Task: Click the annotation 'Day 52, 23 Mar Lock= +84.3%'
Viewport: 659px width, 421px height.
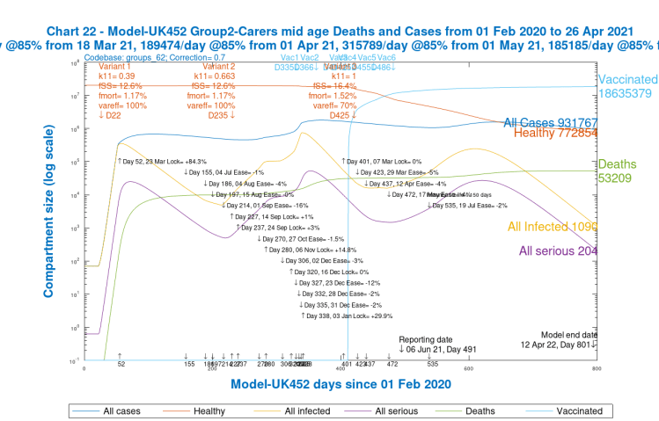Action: click(161, 162)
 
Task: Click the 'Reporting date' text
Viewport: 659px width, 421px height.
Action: click(426, 338)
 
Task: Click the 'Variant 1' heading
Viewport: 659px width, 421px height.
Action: click(113, 66)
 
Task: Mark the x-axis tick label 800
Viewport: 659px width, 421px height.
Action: click(597, 369)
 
